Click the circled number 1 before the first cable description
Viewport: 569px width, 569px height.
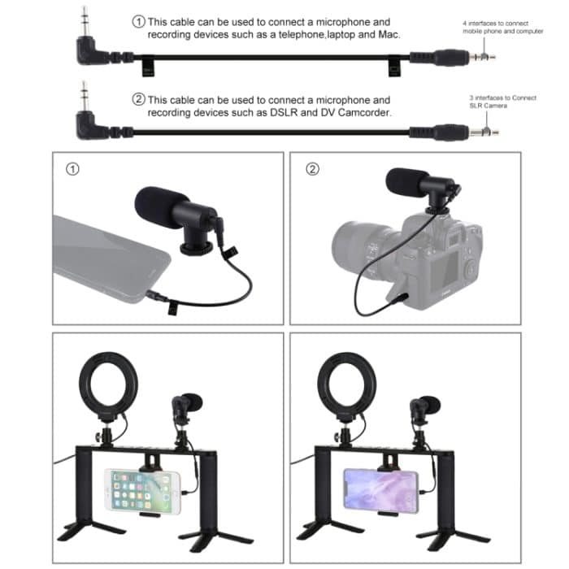click(x=138, y=21)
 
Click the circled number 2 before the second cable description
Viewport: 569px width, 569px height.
click(x=138, y=99)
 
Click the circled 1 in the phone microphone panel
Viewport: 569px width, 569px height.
click(x=73, y=170)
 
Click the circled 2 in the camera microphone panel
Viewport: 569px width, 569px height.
click(x=311, y=170)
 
